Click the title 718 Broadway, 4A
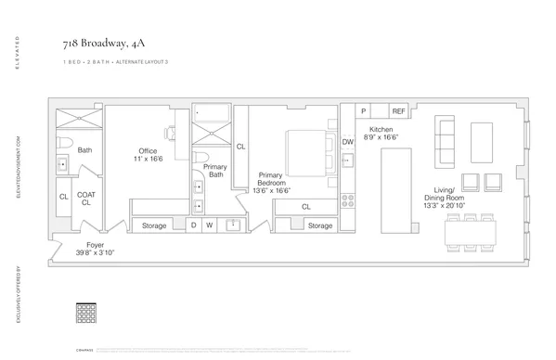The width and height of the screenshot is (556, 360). click(98, 41)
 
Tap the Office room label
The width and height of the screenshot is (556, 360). click(148, 155)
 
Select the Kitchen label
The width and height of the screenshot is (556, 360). click(381, 133)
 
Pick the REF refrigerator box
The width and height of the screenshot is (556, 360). click(398, 110)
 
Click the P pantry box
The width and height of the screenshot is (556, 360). click(364, 110)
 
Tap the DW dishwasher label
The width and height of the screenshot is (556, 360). click(347, 141)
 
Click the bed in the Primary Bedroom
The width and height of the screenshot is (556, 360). click(306, 150)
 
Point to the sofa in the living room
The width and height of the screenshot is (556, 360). click(444, 143)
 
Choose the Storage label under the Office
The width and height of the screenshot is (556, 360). click(154, 225)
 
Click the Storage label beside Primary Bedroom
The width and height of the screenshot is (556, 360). click(320, 225)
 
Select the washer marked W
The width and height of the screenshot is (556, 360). click(211, 225)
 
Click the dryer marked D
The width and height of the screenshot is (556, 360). click(194, 225)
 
